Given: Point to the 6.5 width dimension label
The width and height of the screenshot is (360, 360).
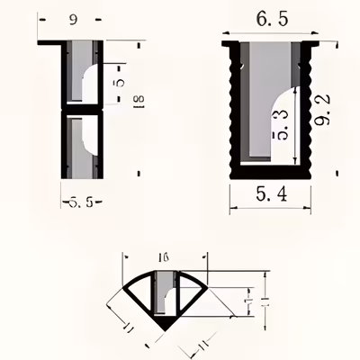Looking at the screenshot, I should click(268, 17).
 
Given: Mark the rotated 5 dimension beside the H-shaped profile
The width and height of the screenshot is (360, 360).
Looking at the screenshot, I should click(117, 83).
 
